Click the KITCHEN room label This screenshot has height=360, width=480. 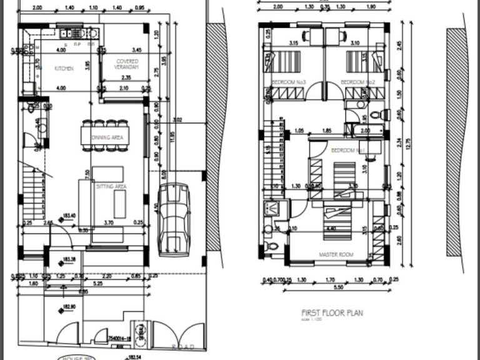(x=64, y=68)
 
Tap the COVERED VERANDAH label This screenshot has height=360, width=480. (x=127, y=64)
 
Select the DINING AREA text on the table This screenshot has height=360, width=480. (x=107, y=137)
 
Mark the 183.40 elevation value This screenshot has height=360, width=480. (x=69, y=216)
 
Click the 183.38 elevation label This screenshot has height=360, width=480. (x=69, y=259)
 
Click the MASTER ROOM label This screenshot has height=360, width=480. (x=336, y=254)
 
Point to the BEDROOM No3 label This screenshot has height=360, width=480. (x=287, y=82)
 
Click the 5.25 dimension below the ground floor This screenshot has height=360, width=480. (x=80, y=282)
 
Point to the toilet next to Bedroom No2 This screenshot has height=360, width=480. (x=376, y=115)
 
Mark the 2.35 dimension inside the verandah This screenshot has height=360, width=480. (x=126, y=77)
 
